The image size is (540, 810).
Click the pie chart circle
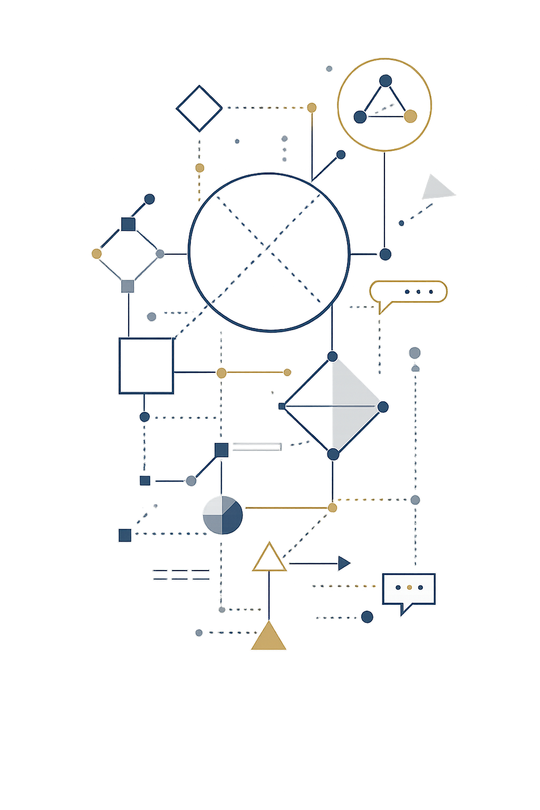point(223,515)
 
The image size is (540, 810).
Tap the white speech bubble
point(409,589)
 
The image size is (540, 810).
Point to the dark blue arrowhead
point(344,563)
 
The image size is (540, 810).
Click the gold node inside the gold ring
point(410,117)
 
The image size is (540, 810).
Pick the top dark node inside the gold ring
point(385,81)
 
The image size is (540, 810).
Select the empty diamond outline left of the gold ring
point(199,108)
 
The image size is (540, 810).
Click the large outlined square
point(146,366)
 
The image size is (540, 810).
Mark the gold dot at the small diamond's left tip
point(96,254)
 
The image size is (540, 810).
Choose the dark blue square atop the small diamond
point(128,224)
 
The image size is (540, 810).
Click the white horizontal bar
point(256,447)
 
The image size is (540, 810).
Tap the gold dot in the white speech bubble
point(409,587)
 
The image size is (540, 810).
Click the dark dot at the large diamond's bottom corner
point(333,454)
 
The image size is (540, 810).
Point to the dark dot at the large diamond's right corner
point(383,407)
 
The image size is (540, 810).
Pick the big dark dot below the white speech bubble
point(367,616)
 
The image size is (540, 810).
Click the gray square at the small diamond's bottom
point(128,286)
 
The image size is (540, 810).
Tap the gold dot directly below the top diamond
point(199,168)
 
